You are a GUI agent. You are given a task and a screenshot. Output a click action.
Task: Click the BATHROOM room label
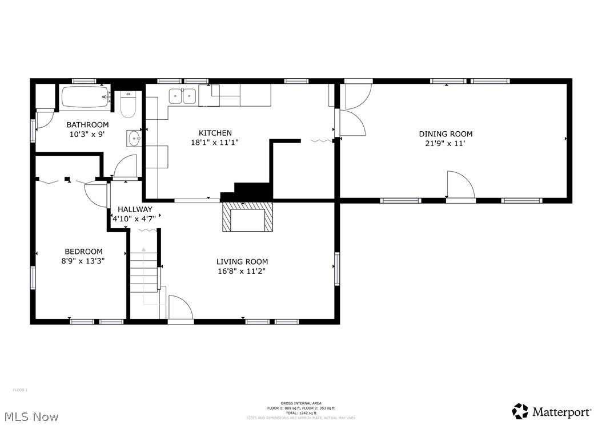point(87,125)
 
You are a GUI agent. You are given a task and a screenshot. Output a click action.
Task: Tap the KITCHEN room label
point(215,133)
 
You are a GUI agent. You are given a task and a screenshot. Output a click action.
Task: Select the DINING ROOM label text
point(446,134)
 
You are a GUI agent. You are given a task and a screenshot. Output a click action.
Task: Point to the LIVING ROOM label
point(242,262)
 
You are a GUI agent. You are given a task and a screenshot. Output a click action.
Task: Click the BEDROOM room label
point(83,251)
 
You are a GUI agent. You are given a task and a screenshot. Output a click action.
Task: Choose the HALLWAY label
point(135,209)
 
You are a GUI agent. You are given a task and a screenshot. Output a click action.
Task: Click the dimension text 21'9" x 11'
point(446,144)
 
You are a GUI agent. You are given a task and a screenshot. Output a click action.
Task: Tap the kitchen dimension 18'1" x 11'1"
point(215,143)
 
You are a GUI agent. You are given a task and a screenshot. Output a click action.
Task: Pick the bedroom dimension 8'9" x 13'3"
point(83,261)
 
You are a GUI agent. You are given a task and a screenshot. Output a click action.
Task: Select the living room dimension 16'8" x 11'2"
point(242,272)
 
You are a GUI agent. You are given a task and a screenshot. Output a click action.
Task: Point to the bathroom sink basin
point(134,139)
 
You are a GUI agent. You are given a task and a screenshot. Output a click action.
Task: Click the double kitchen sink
point(182,96)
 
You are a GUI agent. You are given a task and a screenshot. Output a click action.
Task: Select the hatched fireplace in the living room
point(247,217)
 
